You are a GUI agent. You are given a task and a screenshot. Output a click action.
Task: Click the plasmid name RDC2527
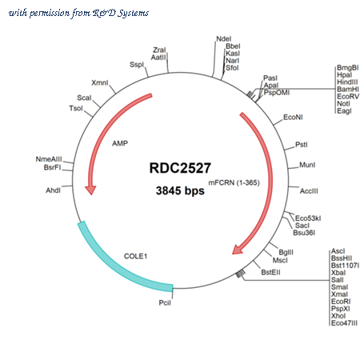(x=180, y=168)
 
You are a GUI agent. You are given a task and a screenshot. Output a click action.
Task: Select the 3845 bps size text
(x=180, y=190)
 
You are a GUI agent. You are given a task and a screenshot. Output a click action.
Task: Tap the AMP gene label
(x=120, y=143)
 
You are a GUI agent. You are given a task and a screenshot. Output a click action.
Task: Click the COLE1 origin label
(x=135, y=256)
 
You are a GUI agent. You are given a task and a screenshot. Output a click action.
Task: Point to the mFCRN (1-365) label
(x=234, y=183)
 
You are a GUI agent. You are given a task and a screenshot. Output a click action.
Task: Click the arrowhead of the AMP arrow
(x=90, y=190)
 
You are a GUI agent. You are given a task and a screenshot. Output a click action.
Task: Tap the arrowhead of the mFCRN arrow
(x=237, y=250)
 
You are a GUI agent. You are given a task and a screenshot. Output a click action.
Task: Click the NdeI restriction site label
(x=224, y=39)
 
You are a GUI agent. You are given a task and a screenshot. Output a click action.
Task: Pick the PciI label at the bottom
(x=165, y=303)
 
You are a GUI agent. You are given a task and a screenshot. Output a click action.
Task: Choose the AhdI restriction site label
(x=54, y=190)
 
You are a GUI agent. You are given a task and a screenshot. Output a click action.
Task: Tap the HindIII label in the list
(x=347, y=82)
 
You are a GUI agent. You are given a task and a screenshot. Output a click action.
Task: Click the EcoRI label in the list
(x=341, y=302)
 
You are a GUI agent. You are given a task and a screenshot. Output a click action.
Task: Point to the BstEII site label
(x=270, y=273)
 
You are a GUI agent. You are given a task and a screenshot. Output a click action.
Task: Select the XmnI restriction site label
(x=100, y=83)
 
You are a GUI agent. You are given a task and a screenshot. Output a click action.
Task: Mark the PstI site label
(x=302, y=145)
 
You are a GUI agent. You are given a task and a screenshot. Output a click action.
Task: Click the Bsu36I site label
(x=304, y=233)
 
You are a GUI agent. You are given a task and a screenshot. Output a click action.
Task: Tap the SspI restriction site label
(x=137, y=65)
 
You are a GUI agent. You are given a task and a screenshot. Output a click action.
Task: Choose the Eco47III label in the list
(x=344, y=323)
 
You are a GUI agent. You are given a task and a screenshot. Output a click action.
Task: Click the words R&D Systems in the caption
(x=121, y=13)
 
